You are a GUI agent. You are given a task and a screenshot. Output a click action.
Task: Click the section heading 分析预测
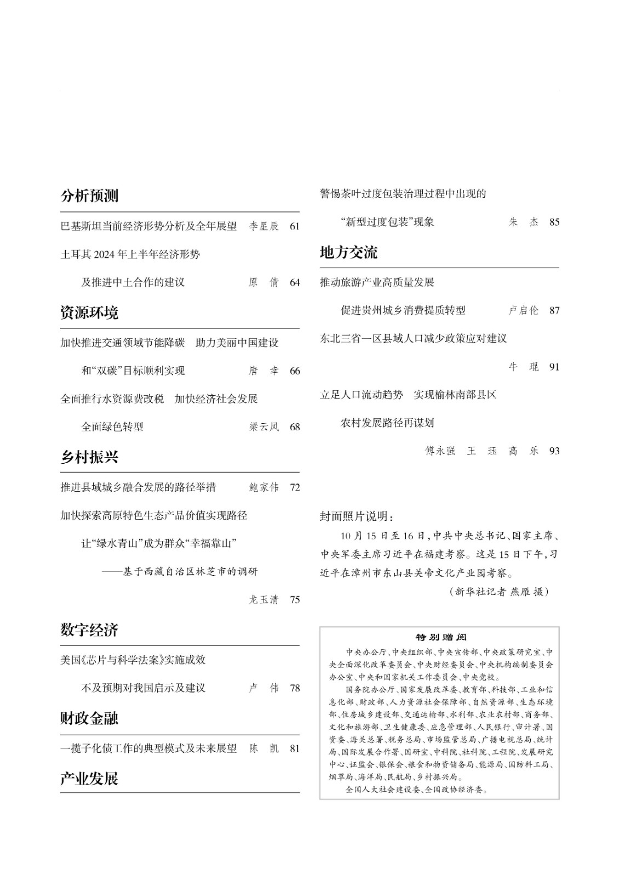coord(89,196)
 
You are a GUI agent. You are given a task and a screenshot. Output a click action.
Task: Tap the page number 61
coord(295,226)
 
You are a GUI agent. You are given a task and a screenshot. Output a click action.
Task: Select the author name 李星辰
coord(263,226)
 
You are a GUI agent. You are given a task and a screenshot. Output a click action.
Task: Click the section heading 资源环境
coord(89,313)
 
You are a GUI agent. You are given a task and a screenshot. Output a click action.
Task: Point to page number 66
coord(295,371)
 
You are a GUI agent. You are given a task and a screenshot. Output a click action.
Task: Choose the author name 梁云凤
coord(263,427)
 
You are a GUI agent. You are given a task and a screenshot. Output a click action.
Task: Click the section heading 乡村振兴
coord(89,457)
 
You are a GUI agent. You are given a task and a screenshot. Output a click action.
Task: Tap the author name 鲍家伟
coord(263,487)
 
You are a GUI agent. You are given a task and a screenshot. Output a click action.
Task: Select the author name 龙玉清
coord(263,600)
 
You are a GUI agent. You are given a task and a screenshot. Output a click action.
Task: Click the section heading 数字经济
coord(89,630)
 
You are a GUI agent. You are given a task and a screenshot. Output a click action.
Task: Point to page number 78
coord(295,688)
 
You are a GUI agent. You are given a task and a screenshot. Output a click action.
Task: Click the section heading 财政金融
coord(89,718)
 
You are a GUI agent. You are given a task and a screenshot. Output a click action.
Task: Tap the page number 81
coord(295,748)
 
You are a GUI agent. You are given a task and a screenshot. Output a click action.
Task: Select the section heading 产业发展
coord(89,779)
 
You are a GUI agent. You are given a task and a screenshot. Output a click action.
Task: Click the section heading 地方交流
coord(348,252)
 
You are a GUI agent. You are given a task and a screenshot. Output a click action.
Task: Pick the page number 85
coord(554,222)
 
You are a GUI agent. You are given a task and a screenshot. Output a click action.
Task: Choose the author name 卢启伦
coord(523,310)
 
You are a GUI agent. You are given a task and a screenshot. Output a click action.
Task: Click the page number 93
coord(554,451)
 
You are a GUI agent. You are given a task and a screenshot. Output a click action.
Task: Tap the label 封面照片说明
coord(356,516)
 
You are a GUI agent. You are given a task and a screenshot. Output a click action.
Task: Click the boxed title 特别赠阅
coord(440,637)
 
